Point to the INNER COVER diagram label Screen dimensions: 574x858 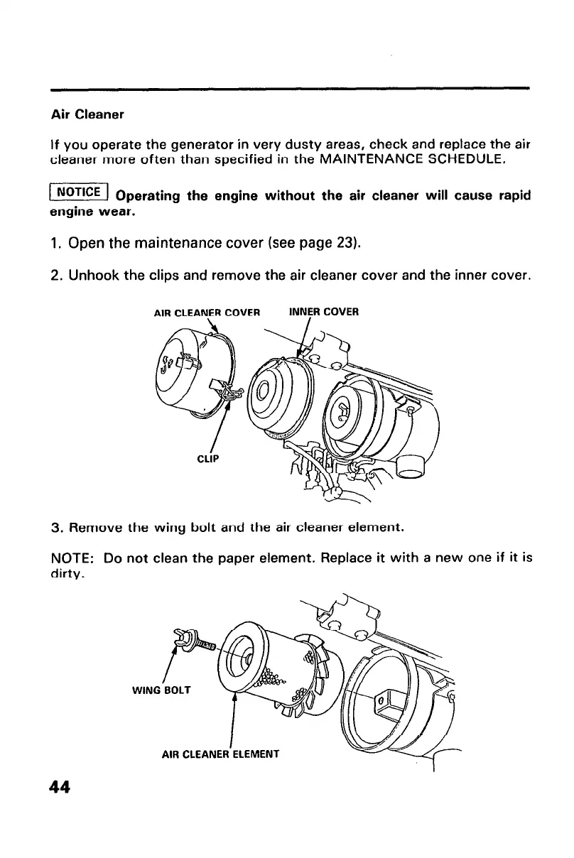click(325, 311)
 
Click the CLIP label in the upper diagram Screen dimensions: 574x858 click(207, 457)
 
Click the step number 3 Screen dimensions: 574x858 click(55, 528)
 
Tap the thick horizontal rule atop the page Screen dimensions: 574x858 click(291, 89)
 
